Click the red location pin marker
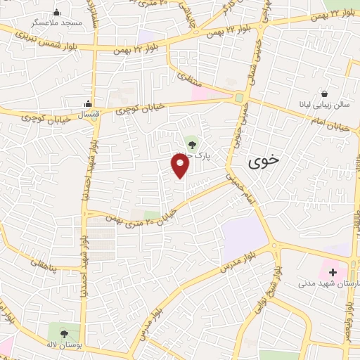(x=181, y=166)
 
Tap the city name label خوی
(x=264, y=160)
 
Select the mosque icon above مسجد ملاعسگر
(x=57, y=12)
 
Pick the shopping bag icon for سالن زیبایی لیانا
(x=324, y=94)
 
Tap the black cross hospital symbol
(x=333, y=271)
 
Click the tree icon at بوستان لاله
(x=65, y=334)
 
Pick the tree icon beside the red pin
(x=192, y=143)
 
